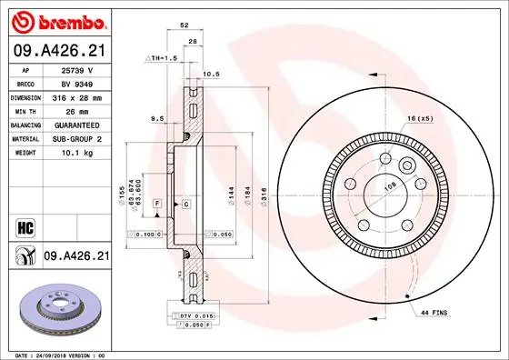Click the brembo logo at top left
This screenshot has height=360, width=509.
[56, 20]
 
